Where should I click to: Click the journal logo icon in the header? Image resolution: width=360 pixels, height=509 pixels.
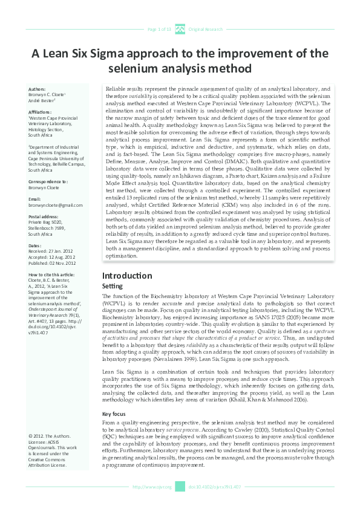point(180,28)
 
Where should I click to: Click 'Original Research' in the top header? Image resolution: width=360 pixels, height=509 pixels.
point(206,29)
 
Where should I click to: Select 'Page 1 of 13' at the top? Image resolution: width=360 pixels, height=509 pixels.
point(160,29)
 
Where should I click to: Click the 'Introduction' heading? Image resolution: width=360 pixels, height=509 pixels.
point(127,276)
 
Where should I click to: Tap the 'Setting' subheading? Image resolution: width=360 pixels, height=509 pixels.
point(113,286)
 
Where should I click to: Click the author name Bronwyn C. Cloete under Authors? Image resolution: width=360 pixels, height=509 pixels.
point(47,95)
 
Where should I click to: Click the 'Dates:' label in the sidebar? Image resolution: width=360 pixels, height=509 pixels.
point(36,245)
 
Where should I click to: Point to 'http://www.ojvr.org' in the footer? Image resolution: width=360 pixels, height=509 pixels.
point(152,487)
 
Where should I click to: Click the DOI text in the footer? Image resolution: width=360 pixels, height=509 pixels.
point(207,487)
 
